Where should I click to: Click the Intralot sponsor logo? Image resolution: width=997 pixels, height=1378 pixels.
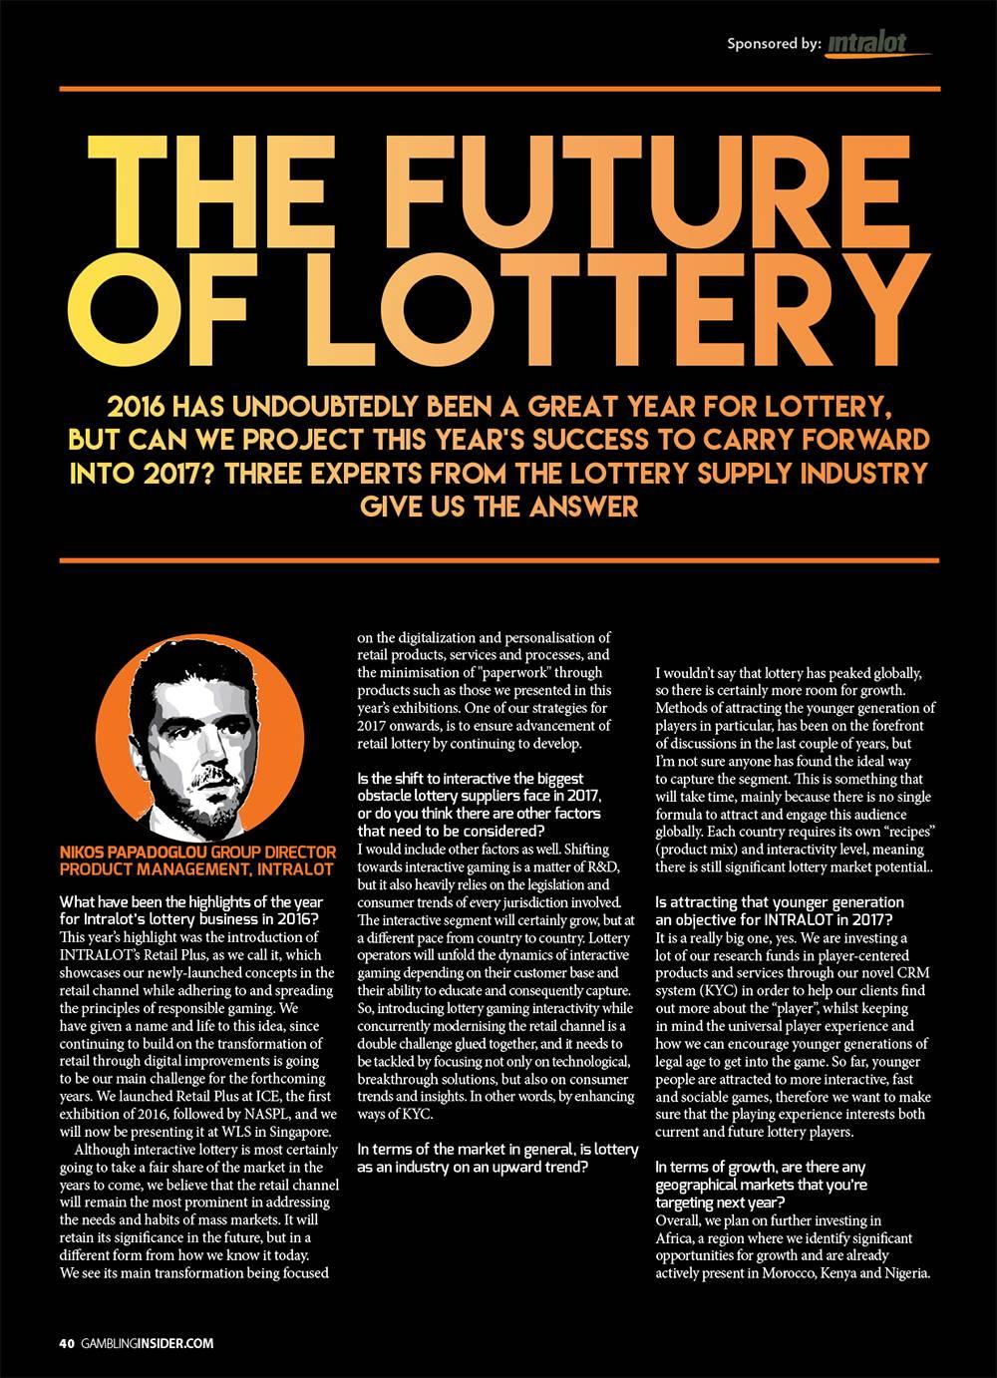[878, 43]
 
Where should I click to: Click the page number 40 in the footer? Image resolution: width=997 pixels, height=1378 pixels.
[66, 1343]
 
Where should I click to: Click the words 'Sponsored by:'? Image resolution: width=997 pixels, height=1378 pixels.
[774, 43]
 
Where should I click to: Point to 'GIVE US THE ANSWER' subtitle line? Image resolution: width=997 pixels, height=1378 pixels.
[498, 506]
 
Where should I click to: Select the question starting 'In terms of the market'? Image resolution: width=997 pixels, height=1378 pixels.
[498, 1158]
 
